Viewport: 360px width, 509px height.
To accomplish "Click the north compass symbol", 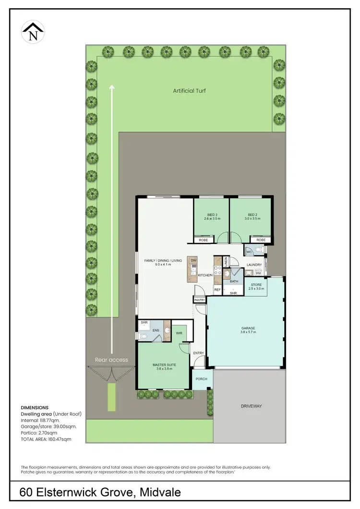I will [x=33, y=32].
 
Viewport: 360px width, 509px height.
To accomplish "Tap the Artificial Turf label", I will [x=190, y=90].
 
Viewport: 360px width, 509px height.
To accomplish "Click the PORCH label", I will [x=202, y=379].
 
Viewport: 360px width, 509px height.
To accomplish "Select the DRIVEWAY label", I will [x=252, y=406].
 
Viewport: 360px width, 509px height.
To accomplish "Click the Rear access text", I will [x=111, y=360].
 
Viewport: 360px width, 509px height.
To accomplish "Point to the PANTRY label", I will [x=199, y=300].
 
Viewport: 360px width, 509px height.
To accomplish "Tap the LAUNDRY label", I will [x=254, y=265].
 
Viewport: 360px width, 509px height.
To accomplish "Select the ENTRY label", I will [x=198, y=353].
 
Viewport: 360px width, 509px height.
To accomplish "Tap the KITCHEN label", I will [x=205, y=275].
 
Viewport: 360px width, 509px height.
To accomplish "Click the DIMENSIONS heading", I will [x=34, y=407].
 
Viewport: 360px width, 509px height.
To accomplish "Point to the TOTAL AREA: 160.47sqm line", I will [x=46, y=439].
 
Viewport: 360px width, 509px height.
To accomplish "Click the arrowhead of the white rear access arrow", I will [x=112, y=87].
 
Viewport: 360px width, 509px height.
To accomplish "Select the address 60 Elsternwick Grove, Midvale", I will [x=100, y=493].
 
